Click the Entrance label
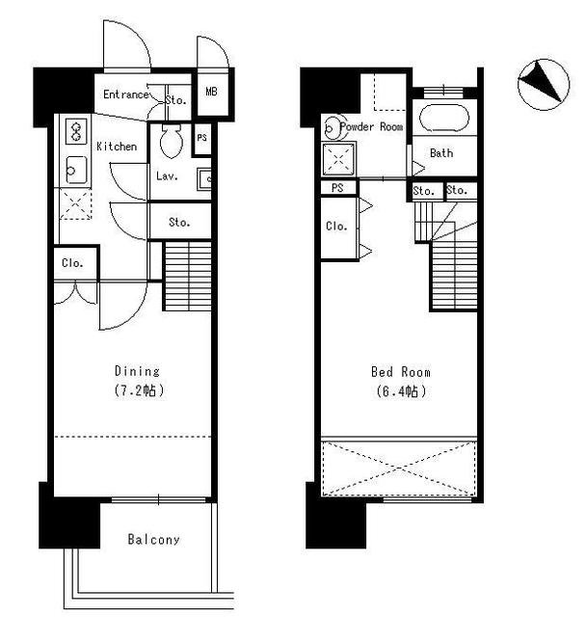tap(126, 94)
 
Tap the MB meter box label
tap(211, 92)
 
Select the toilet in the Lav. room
tap(172, 141)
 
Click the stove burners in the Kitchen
tap(76, 131)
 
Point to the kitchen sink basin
tap(76, 170)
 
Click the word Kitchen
tap(117, 147)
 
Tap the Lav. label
tap(167, 175)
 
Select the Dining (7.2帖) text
tap(138, 381)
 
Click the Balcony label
tap(154, 539)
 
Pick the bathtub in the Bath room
tap(444, 118)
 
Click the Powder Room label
tap(372, 126)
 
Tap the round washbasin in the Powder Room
tap(333, 127)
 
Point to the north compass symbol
tap(544, 85)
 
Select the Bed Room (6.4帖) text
tap(400, 382)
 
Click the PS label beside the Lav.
tap(201, 138)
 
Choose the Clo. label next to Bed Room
tap(336, 227)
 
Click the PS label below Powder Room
tap(337, 188)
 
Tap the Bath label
tap(441, 152)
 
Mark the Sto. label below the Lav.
tap(179, 223)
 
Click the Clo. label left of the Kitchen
tap(72, 263)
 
